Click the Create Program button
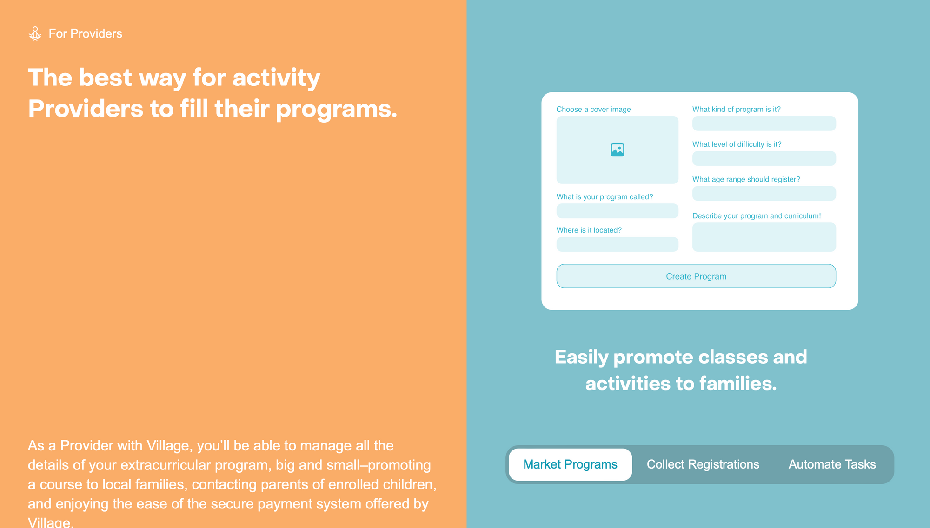tap(696, 276)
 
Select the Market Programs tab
tap(570, 464)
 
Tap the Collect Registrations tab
tap(703, 464)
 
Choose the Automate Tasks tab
tap(832, 464)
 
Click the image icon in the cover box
tap(618, 150)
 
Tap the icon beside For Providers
tap(35, 34)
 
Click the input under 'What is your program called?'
tap(618, 211)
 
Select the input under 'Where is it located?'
tap(618, 244)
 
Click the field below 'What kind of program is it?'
tap(764, 124)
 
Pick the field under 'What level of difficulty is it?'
tap(764, 158)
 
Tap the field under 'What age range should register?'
tap(764, 194)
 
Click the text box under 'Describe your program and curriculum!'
tap(764, 237)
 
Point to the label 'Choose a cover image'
tap(593, 110)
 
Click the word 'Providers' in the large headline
tap(86, 109)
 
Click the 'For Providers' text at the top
tap(86, 34)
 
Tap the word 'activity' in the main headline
tap(276, 78)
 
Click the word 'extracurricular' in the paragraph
tap(166, 465)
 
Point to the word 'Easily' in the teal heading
tap(582, 358)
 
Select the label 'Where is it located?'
tap(589, 230)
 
